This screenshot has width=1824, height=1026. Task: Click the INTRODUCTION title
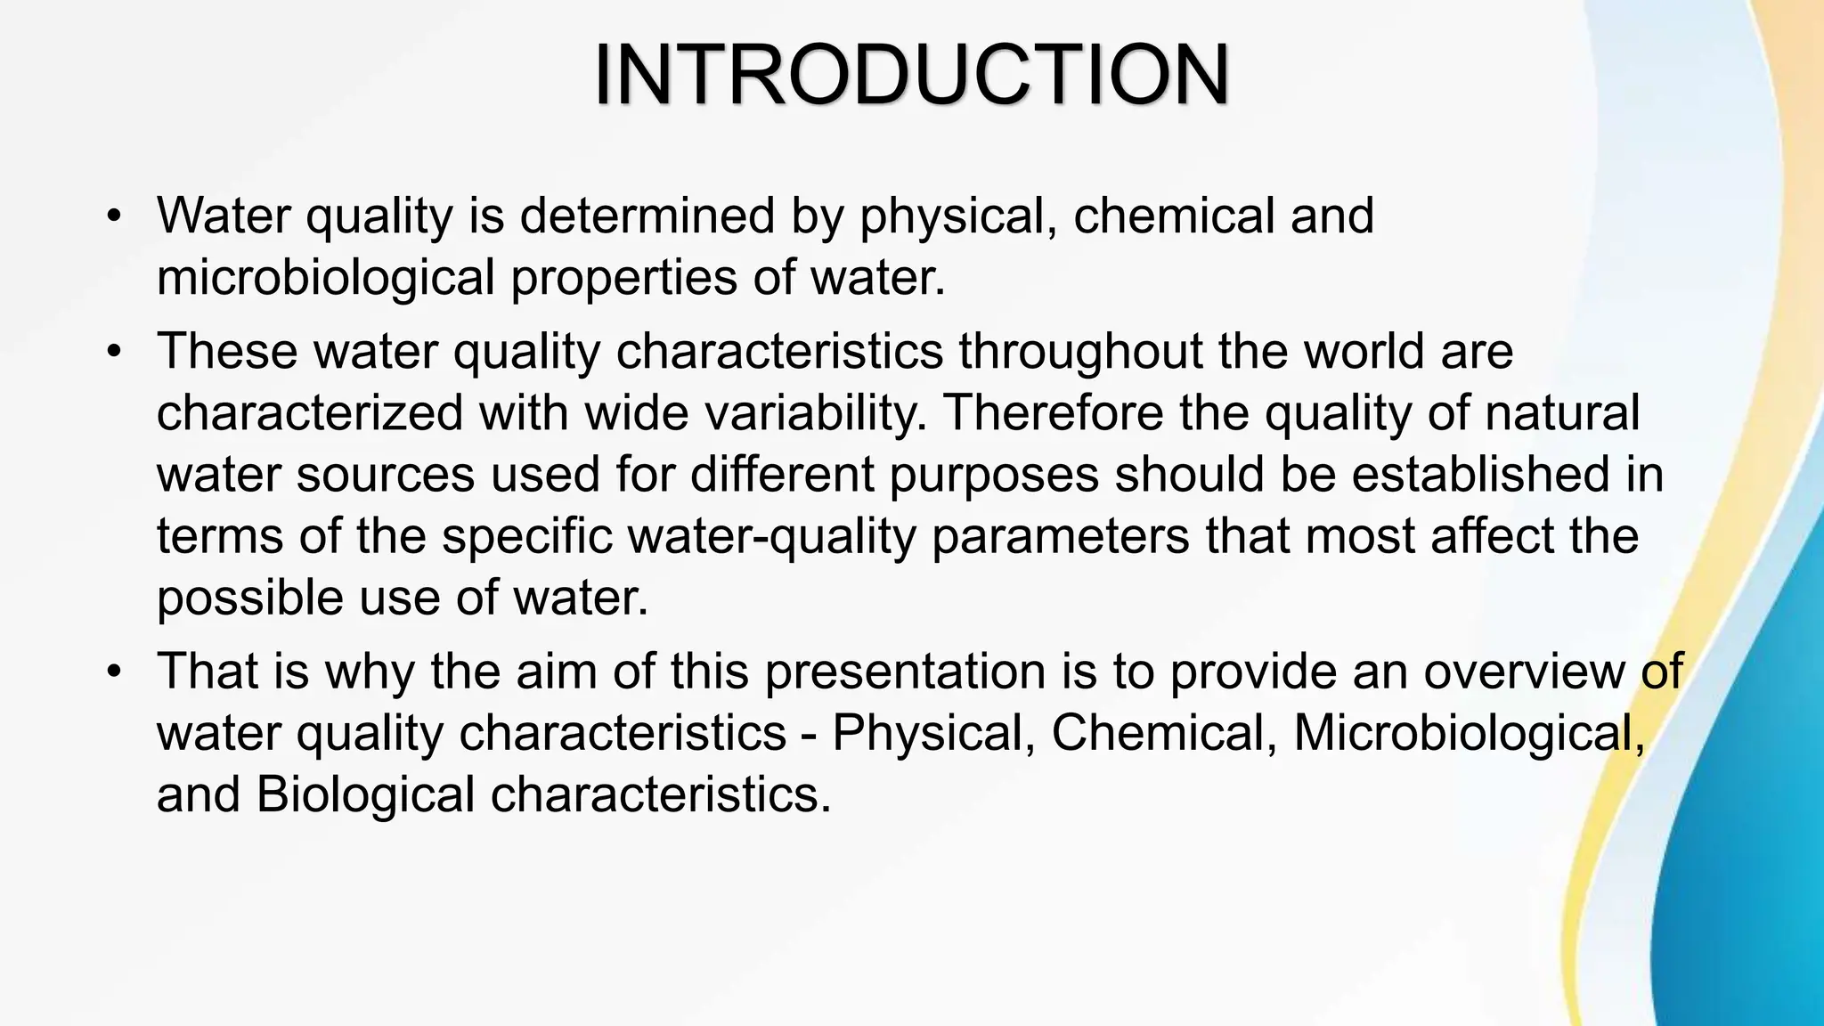tap(912, 75)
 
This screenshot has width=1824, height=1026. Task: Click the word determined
tap(647, 216)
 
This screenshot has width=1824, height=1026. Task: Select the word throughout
tap(1081, 351)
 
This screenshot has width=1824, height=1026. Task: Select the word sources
tap(386, 474)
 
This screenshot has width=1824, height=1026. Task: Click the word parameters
tap(1061, 536)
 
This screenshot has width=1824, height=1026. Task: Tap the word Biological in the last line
tap(366, 794)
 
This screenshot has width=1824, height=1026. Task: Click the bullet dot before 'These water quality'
tap(112, 352)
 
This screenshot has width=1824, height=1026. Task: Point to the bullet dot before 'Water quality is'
tap(112, 216)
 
